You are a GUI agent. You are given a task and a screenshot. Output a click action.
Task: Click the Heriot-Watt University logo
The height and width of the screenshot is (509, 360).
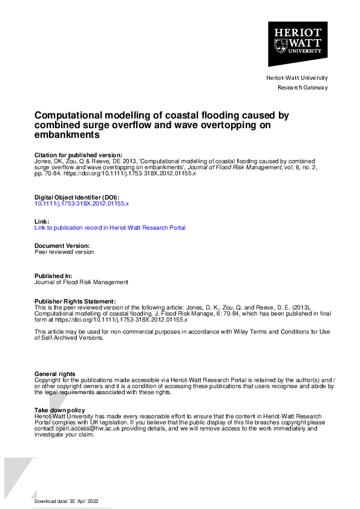tap(298, 44)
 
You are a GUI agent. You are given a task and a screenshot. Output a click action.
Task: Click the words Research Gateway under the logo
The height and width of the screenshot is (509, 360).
tap(303, 88)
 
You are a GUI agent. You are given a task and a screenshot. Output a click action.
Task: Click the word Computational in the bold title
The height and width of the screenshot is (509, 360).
tap(68, 115)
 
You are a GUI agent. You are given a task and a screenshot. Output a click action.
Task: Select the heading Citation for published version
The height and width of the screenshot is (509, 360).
tap(79, 155)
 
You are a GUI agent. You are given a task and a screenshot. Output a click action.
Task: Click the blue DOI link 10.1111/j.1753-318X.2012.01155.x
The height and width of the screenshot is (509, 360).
tap(82, 204)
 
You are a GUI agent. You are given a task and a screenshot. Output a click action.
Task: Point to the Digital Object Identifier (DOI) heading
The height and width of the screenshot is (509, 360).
tap(76, 198)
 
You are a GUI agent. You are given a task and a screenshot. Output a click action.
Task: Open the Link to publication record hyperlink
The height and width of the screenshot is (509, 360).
tap(110, 228)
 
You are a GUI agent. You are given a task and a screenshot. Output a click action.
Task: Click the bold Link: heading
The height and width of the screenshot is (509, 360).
tap(41, 221)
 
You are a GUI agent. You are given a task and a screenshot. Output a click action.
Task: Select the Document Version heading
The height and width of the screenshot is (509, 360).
tap(62, 246)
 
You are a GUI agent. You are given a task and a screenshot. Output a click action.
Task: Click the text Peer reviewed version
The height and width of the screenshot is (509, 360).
tap(65, 252)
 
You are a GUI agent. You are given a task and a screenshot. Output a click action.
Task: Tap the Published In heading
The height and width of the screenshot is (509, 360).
tap(54, 276)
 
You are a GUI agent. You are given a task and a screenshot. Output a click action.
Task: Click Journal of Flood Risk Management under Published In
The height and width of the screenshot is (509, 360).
tap(82, 282)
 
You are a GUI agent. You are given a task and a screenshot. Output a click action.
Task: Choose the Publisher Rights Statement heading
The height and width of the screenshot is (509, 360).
tap(75, 301)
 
